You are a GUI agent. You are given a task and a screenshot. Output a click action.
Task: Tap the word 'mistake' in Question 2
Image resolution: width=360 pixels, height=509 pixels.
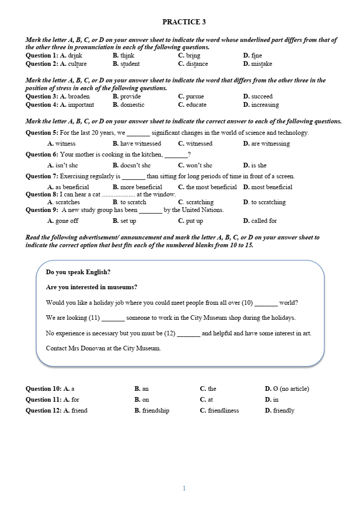pos(261,64)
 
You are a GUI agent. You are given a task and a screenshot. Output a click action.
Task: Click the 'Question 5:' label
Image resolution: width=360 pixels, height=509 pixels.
pos(42,133)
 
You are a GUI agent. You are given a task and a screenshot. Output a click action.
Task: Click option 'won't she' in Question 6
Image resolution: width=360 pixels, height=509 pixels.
pos(199,165)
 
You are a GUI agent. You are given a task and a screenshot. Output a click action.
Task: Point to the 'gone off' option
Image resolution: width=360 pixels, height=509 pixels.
pos(67,221)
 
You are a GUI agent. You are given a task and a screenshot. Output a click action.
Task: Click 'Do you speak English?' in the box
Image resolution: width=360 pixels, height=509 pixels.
pos(78,272)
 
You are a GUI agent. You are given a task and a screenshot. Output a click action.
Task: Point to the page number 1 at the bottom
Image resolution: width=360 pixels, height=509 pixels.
pos(184,488)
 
